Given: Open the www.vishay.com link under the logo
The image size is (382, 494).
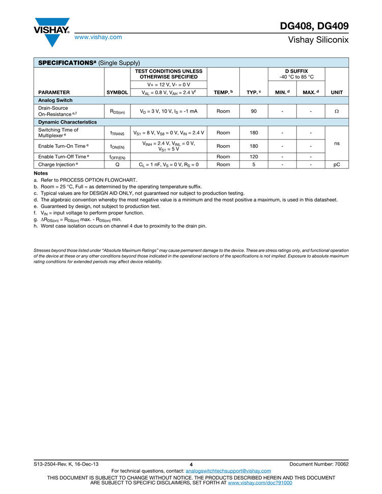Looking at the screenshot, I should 98,37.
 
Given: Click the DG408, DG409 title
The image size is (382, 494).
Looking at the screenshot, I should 314,26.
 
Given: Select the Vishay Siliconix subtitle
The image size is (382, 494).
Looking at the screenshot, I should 318,40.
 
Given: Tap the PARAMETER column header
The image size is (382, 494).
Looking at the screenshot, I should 54,92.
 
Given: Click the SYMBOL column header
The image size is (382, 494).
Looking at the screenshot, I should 117,92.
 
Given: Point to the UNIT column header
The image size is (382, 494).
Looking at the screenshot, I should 337,92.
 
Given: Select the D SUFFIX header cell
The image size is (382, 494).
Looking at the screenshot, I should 296,74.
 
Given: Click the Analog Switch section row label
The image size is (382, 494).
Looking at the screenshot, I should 56,100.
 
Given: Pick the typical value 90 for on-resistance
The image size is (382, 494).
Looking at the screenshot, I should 254,111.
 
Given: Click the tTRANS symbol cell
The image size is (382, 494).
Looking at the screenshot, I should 117,133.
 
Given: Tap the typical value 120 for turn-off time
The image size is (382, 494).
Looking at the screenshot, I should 254,157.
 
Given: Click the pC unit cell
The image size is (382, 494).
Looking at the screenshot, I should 337,164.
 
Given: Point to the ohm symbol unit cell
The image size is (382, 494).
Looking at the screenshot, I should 337,111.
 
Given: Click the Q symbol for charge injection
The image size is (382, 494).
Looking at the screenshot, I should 117,164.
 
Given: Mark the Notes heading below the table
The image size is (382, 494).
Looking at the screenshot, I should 41,174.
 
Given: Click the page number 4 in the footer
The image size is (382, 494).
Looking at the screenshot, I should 191,464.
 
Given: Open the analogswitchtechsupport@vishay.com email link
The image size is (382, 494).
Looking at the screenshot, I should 228,471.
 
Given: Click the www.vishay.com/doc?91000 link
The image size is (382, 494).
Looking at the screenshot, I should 260,483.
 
